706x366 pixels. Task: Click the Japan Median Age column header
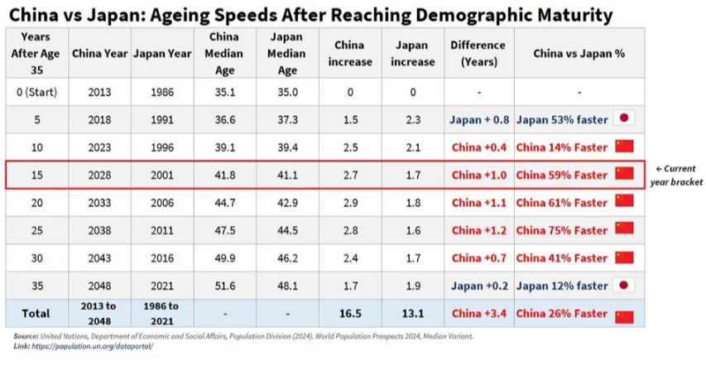pos(287,54)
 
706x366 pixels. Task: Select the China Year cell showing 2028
pos(99,175)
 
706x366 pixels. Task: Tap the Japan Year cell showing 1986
pos(162,93)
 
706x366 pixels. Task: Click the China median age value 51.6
pos(224,286)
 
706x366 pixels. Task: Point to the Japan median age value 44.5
pos(287,230)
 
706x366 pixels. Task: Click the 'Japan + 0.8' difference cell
pos(478,120)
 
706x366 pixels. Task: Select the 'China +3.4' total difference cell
pos(478,314)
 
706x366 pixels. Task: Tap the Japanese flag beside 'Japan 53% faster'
pos(624,119)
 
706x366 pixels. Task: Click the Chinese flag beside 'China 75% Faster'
pos(624,229)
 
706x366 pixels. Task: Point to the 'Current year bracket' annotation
pos(675,175)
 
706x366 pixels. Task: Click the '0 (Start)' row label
pos(37,93)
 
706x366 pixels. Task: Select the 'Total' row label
pos(37,314)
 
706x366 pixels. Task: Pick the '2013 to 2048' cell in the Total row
pos(99,314)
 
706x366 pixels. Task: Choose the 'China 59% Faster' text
pos(561,175)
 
